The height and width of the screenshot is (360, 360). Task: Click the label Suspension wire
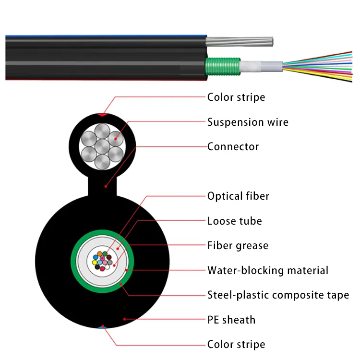coord(248,122)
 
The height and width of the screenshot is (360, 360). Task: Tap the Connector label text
coord(233,146)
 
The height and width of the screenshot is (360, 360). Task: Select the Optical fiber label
coord(238,196)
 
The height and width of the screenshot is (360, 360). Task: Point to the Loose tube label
coord(234,221)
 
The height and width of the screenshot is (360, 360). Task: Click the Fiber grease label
coord(238,246)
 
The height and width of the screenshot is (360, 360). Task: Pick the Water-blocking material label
coord(267,270)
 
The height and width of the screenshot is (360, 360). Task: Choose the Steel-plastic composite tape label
coord(278,295)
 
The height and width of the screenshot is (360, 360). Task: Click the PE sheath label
coord(231,320)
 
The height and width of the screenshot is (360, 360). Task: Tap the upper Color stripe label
coord(236,97)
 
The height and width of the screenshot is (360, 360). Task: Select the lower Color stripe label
coord(236,344)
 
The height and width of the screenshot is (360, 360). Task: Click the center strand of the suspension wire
coord(102,145)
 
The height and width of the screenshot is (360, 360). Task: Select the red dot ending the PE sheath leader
coord(125,318)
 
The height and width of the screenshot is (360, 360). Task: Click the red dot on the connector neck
coord(105,185)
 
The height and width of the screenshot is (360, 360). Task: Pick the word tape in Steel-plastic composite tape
coord(337,295)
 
